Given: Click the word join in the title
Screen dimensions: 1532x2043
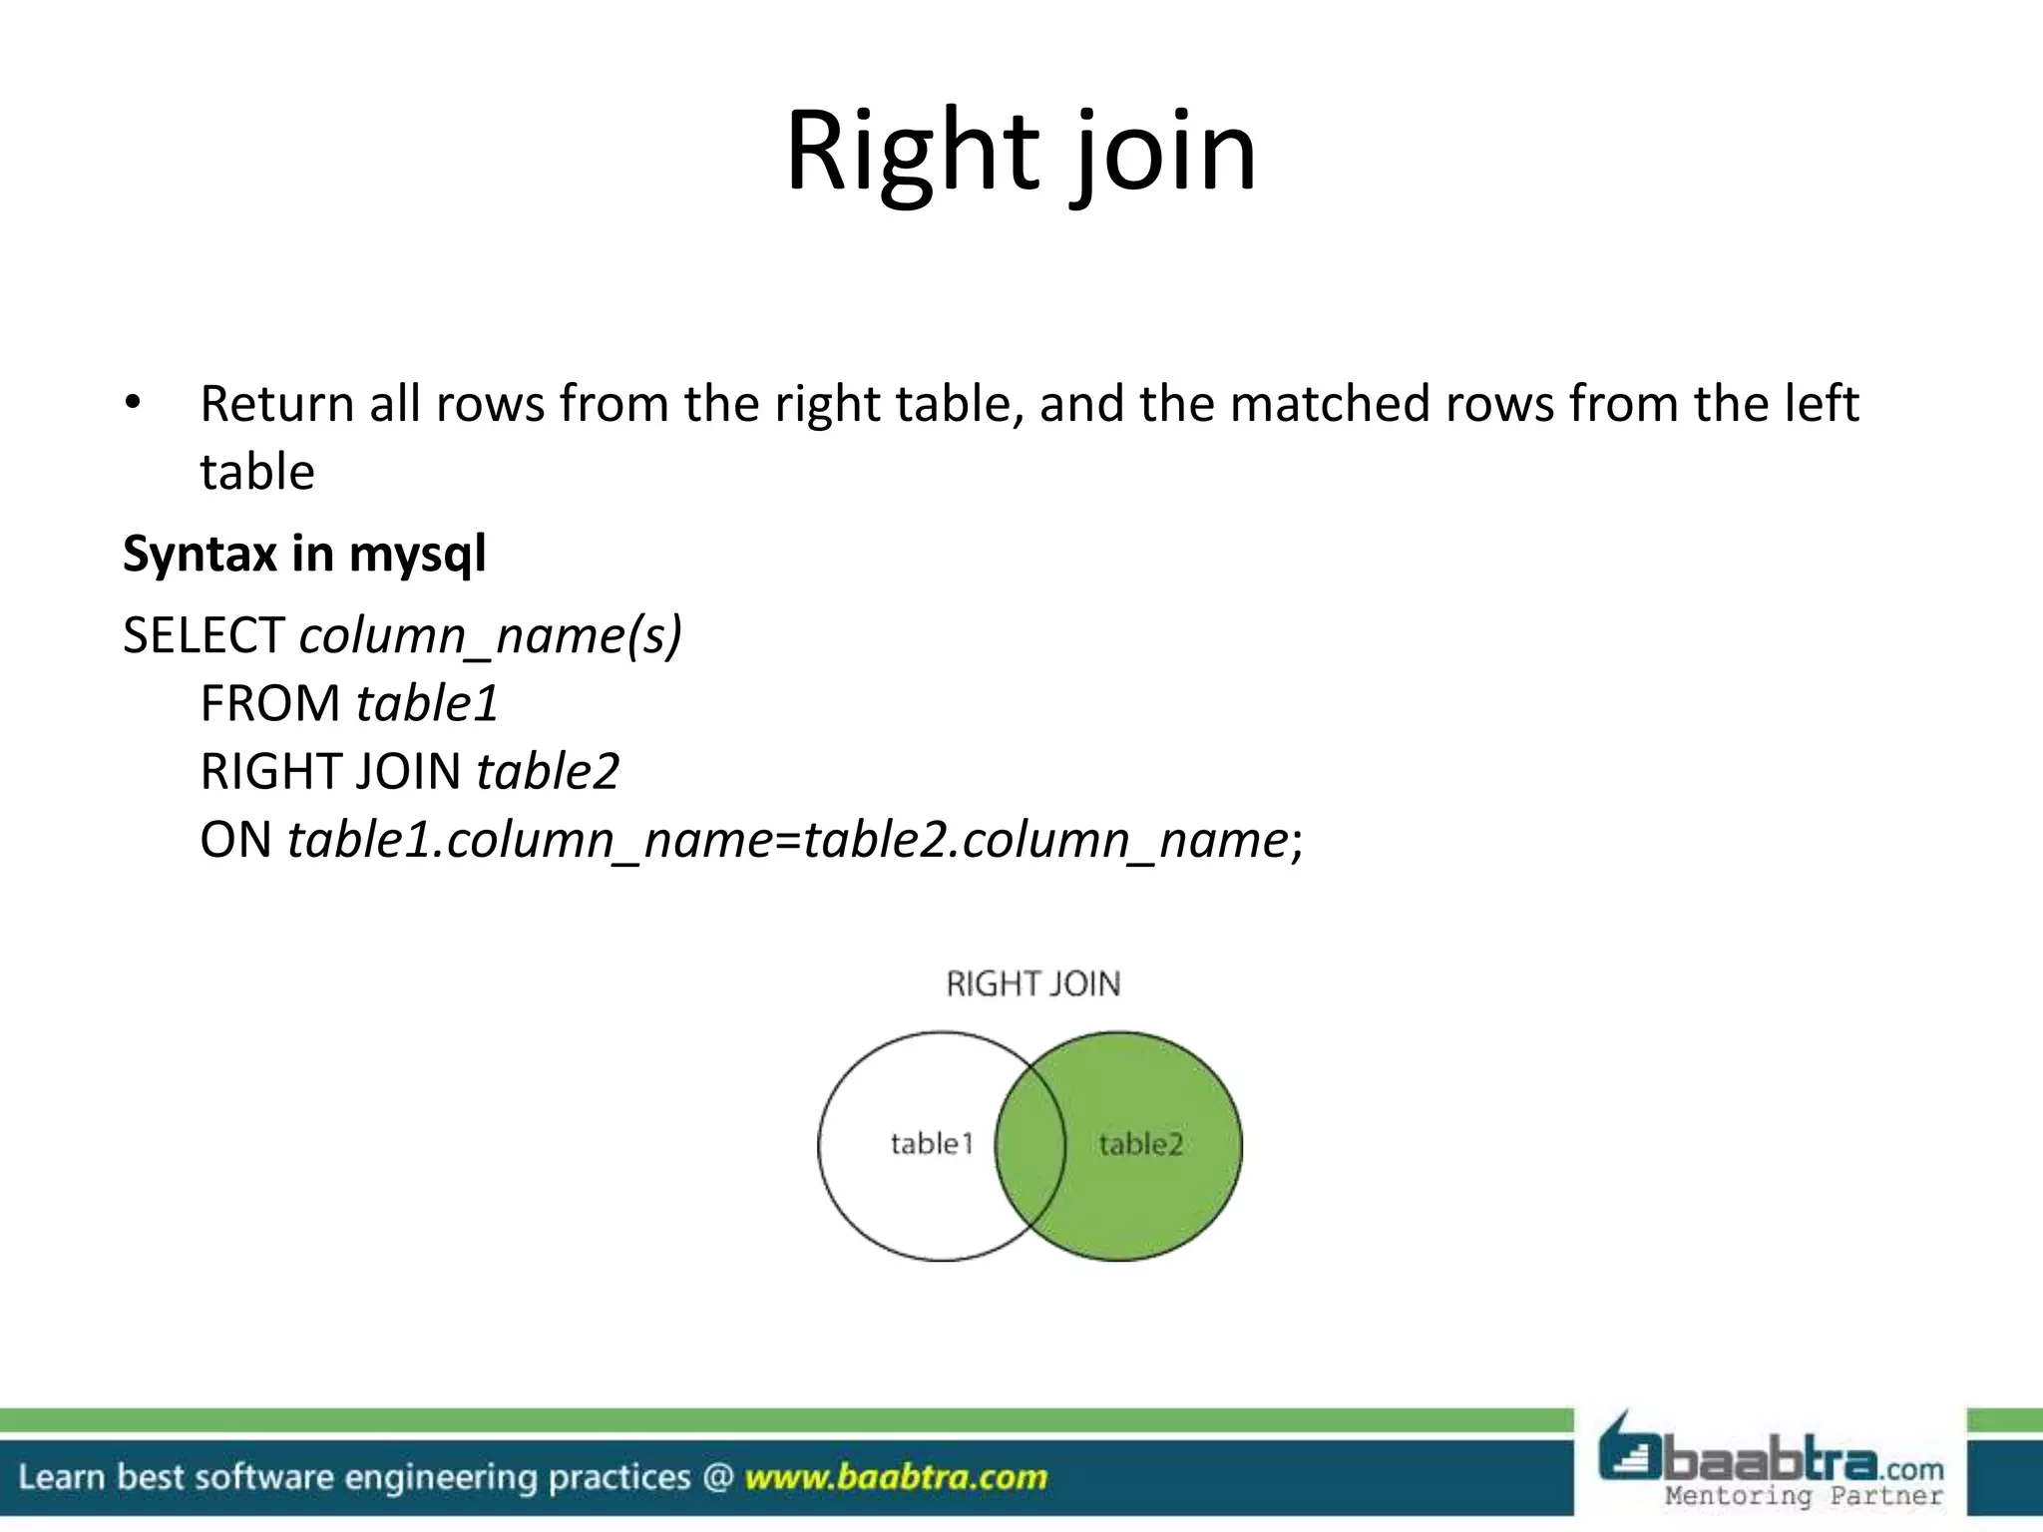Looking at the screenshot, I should pos(1164,155).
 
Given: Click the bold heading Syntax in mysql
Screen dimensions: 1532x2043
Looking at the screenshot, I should pos(304,554).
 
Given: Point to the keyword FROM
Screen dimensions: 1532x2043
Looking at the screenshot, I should pos(270,703).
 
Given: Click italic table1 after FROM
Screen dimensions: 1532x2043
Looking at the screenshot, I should pos(427,703).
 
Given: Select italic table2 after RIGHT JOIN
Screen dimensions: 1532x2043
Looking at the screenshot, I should pos(548,771).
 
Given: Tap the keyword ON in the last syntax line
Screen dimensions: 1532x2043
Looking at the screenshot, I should pos(235,840).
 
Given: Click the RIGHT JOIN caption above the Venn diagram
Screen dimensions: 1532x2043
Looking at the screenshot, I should pos(1032,984).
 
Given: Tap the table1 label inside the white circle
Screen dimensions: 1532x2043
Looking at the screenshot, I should pos(931,1143).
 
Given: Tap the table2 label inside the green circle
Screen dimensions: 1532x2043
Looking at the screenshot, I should pos(1140,1144).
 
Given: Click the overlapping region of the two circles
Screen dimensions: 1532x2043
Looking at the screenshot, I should pos(1030,1147).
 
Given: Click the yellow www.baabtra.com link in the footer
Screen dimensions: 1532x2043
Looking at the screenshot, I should pos(896,1476).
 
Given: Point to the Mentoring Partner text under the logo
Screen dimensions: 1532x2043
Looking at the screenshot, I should pos(1804,1495).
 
